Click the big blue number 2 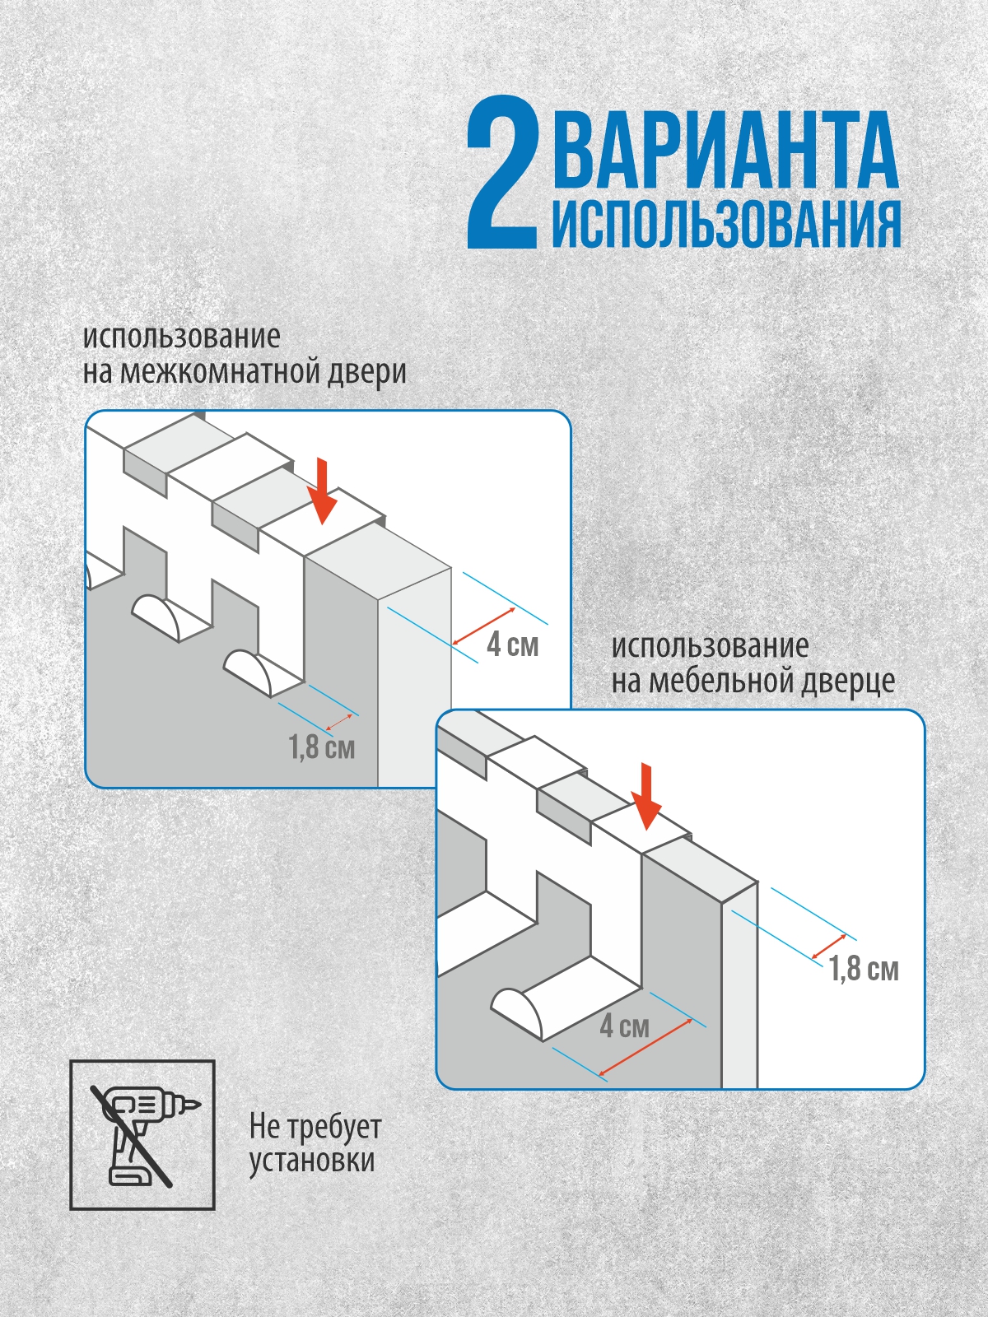click(503, 172)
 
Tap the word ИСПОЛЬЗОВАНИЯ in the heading click(726, 223)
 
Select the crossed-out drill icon click(142, 1134)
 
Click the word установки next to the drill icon click(312, 1161)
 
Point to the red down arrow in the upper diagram click(323, 491)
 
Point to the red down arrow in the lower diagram click(646, 797)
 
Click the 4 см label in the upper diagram click(512, 645)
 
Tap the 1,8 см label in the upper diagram click(321, 747)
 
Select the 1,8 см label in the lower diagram click(864, 969)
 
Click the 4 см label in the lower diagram click(624, 1026)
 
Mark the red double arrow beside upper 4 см click(484, 626)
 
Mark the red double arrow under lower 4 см click(645, 1047)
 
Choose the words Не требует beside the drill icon click(315, 1126)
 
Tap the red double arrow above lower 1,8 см click(829, 947)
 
